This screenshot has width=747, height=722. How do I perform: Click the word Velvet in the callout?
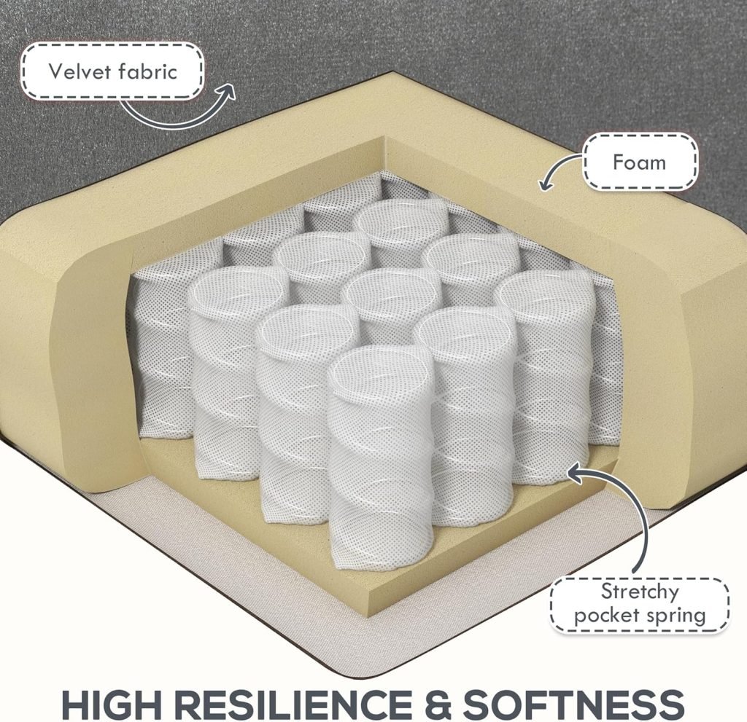click(80, 71)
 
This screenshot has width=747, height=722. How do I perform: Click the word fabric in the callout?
click(147, 71)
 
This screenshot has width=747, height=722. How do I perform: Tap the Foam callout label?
click(639, 162)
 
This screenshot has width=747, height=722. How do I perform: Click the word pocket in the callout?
click(603, 616)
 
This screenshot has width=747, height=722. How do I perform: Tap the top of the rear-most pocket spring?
click(403, 220)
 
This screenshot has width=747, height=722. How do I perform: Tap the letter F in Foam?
click(619, 162)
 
